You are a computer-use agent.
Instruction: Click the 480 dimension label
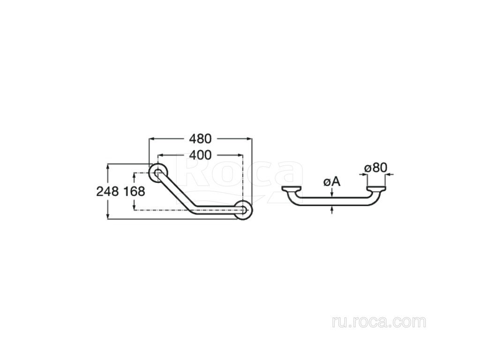[200, 139]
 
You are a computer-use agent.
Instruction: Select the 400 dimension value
[200, 155]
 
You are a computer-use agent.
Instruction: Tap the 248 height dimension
[107, 192]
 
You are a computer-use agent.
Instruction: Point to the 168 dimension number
[134, 192]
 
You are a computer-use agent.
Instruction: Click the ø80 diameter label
[376, 168]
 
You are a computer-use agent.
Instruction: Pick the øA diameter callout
[332, 182]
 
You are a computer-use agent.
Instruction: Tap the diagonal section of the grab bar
[176, 192]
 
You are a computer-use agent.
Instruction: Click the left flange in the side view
[292, 188]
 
